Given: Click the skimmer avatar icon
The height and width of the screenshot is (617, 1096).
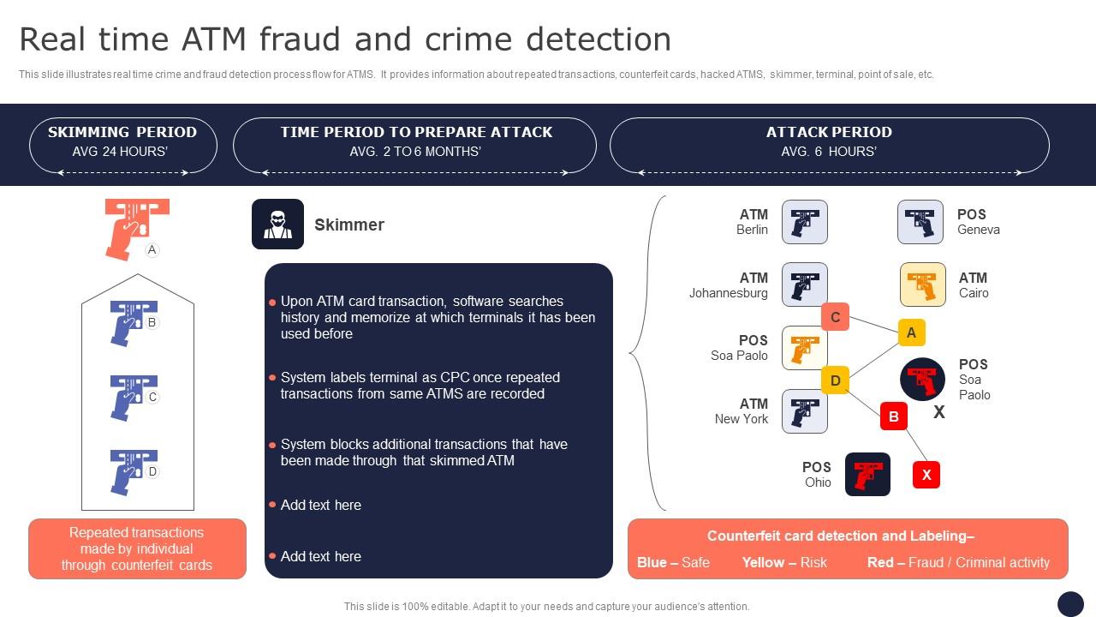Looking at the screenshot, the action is pos(277,225).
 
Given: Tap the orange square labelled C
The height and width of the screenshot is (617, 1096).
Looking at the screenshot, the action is pos(835,317).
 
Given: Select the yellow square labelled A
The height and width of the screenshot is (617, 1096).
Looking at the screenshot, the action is pos(911,332).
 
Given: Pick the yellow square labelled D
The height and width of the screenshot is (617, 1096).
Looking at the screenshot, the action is pos(835,380).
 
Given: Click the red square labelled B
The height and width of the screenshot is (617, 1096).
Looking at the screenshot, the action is pos(893,416).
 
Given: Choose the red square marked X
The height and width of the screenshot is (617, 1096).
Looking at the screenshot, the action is pos(926,475).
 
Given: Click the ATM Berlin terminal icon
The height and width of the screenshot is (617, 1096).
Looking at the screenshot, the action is pos(804,222).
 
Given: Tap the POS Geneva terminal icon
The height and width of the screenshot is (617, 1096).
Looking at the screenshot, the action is pos(920,222).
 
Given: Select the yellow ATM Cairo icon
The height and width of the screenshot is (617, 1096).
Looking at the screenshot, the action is pos(922,285).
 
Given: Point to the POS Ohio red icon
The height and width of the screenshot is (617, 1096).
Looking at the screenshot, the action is pos(867,475).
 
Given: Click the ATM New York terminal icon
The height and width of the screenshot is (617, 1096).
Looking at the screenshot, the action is pos(804,411).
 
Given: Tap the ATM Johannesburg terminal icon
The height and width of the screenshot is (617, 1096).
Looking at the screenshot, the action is pos(804,285).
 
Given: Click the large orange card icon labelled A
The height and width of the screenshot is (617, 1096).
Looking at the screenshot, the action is pos(135,227).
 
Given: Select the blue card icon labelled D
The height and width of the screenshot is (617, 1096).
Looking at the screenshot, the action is pos(132,470).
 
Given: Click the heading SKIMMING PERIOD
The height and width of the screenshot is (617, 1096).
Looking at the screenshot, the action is pos(122,132).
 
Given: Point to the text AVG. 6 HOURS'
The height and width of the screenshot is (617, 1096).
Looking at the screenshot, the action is pos(828,152).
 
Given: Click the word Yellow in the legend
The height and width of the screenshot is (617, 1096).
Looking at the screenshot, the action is pos(763,562).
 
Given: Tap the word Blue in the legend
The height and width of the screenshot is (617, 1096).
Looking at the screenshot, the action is pos(652,562).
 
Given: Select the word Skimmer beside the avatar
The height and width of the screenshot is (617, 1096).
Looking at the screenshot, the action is pos(349,225).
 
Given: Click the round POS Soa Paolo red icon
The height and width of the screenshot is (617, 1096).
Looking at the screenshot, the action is pos(922,379).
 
